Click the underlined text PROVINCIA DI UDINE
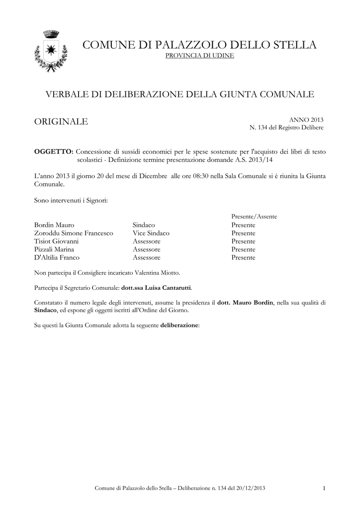(x=199, y=55)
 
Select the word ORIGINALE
(x=60, y=122)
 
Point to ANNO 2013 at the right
(x=306, y=120)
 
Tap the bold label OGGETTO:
(x=54, y=151)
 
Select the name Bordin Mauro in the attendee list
(x=54, y=225)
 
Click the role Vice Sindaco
(x=151, y=233)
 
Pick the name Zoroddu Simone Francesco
(x=73, y=233)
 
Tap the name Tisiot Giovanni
(x=56, y=241)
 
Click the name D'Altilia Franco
(x=56, y=257)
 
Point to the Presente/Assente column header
(x=254, y=217)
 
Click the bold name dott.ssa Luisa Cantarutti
(x=156, y=288)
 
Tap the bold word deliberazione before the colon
(x=179, y=325)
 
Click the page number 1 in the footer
(x=324, y=489)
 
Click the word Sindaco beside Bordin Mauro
(x=144, y=225)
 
